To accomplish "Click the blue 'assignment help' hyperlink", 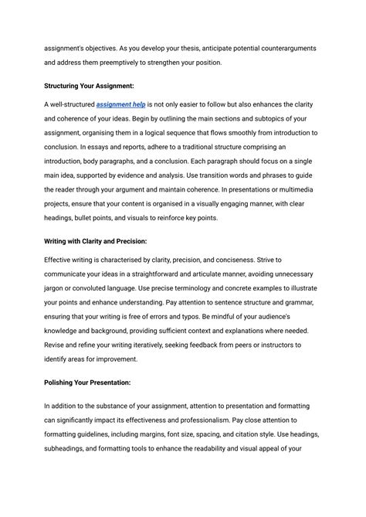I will (x=120, y=104).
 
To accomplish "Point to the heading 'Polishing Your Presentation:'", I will (x=87, y=383).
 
